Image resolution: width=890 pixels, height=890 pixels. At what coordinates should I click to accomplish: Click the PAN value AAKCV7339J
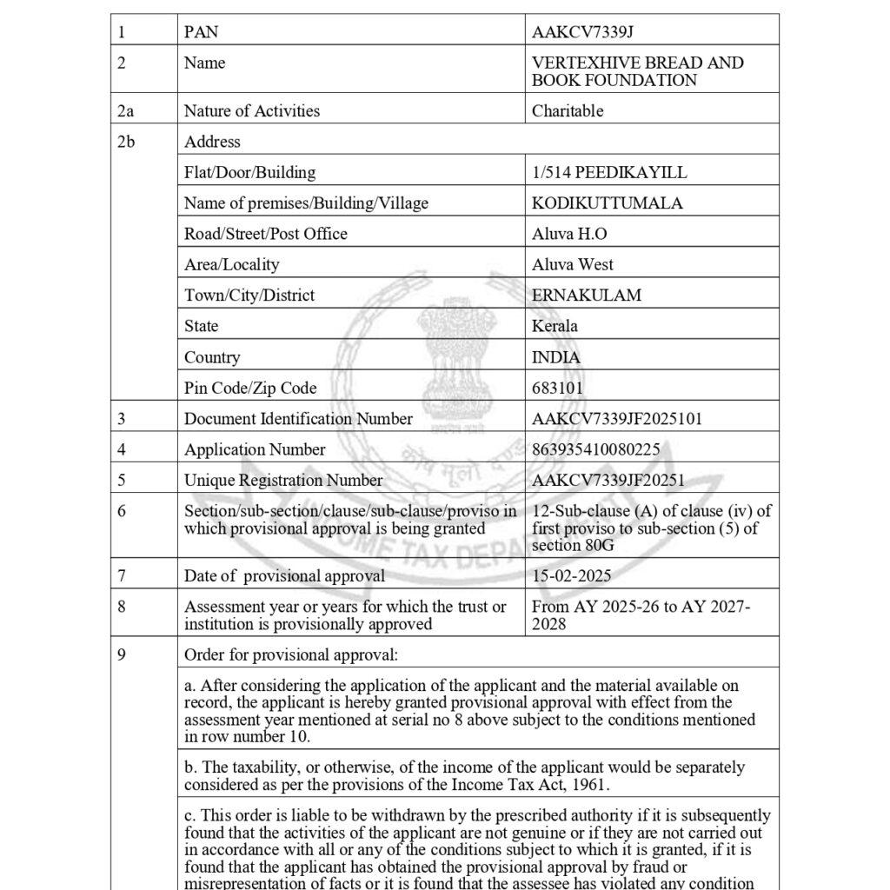582,32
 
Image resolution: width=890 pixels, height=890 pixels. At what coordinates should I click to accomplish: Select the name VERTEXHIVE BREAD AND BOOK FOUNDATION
637,71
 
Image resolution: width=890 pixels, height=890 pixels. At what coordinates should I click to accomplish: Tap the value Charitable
568,110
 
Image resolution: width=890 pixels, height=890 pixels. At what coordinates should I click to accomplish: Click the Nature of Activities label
252,110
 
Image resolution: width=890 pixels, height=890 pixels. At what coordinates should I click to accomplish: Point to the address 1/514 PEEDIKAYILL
609,172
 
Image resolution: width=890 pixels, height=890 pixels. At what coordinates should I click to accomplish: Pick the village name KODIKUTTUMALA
608,203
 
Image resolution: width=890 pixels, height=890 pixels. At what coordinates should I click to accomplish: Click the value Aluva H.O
569,234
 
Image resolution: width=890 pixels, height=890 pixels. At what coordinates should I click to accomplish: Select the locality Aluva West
573,264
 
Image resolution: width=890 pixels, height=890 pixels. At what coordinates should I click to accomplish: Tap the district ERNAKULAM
587,296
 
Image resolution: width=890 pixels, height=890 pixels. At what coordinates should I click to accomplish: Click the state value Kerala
555,326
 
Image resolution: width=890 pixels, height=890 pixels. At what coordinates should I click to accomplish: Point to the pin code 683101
557,388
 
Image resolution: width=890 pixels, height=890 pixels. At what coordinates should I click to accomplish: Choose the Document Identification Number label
298,419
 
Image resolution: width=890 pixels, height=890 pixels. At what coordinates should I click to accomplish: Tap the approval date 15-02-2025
571,575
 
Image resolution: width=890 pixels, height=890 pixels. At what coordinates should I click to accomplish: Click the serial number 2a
126,110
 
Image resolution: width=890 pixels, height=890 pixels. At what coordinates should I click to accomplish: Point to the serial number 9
122,654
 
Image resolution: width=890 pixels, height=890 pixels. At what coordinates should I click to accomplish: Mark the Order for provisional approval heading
291,654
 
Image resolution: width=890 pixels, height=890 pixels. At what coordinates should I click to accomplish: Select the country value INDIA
556,357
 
